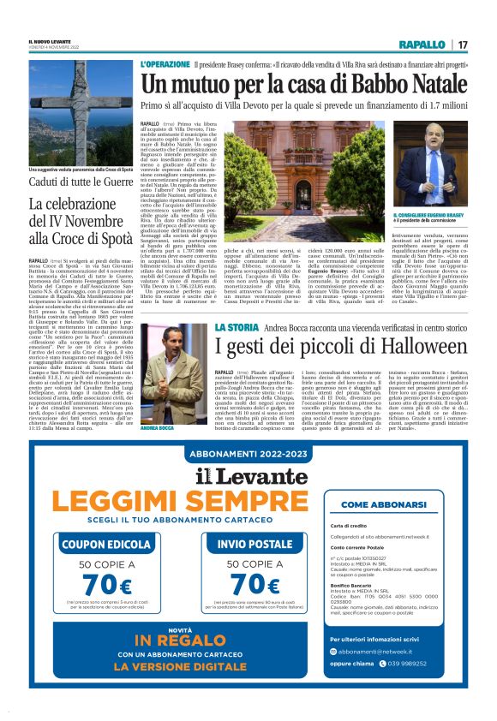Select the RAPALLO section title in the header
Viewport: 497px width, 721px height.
coord(422,44)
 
